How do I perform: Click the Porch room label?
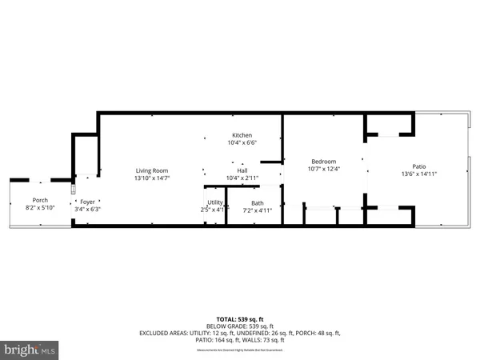(40, 200)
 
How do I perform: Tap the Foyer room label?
(88, 202)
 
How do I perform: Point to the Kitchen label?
(242, 135)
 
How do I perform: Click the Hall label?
(242, 170)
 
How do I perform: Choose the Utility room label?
(214, 203)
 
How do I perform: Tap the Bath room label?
(257, 203)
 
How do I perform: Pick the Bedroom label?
(323, 161)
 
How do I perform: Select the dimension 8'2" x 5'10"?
(40, 208)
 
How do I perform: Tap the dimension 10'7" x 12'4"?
(323, 169)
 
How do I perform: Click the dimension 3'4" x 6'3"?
(88, 210)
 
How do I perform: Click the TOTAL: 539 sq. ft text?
(240, 318)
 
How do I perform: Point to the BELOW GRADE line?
(240, 326)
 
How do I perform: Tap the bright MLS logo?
(30, 350)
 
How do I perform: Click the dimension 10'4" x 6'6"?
(242, 143)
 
